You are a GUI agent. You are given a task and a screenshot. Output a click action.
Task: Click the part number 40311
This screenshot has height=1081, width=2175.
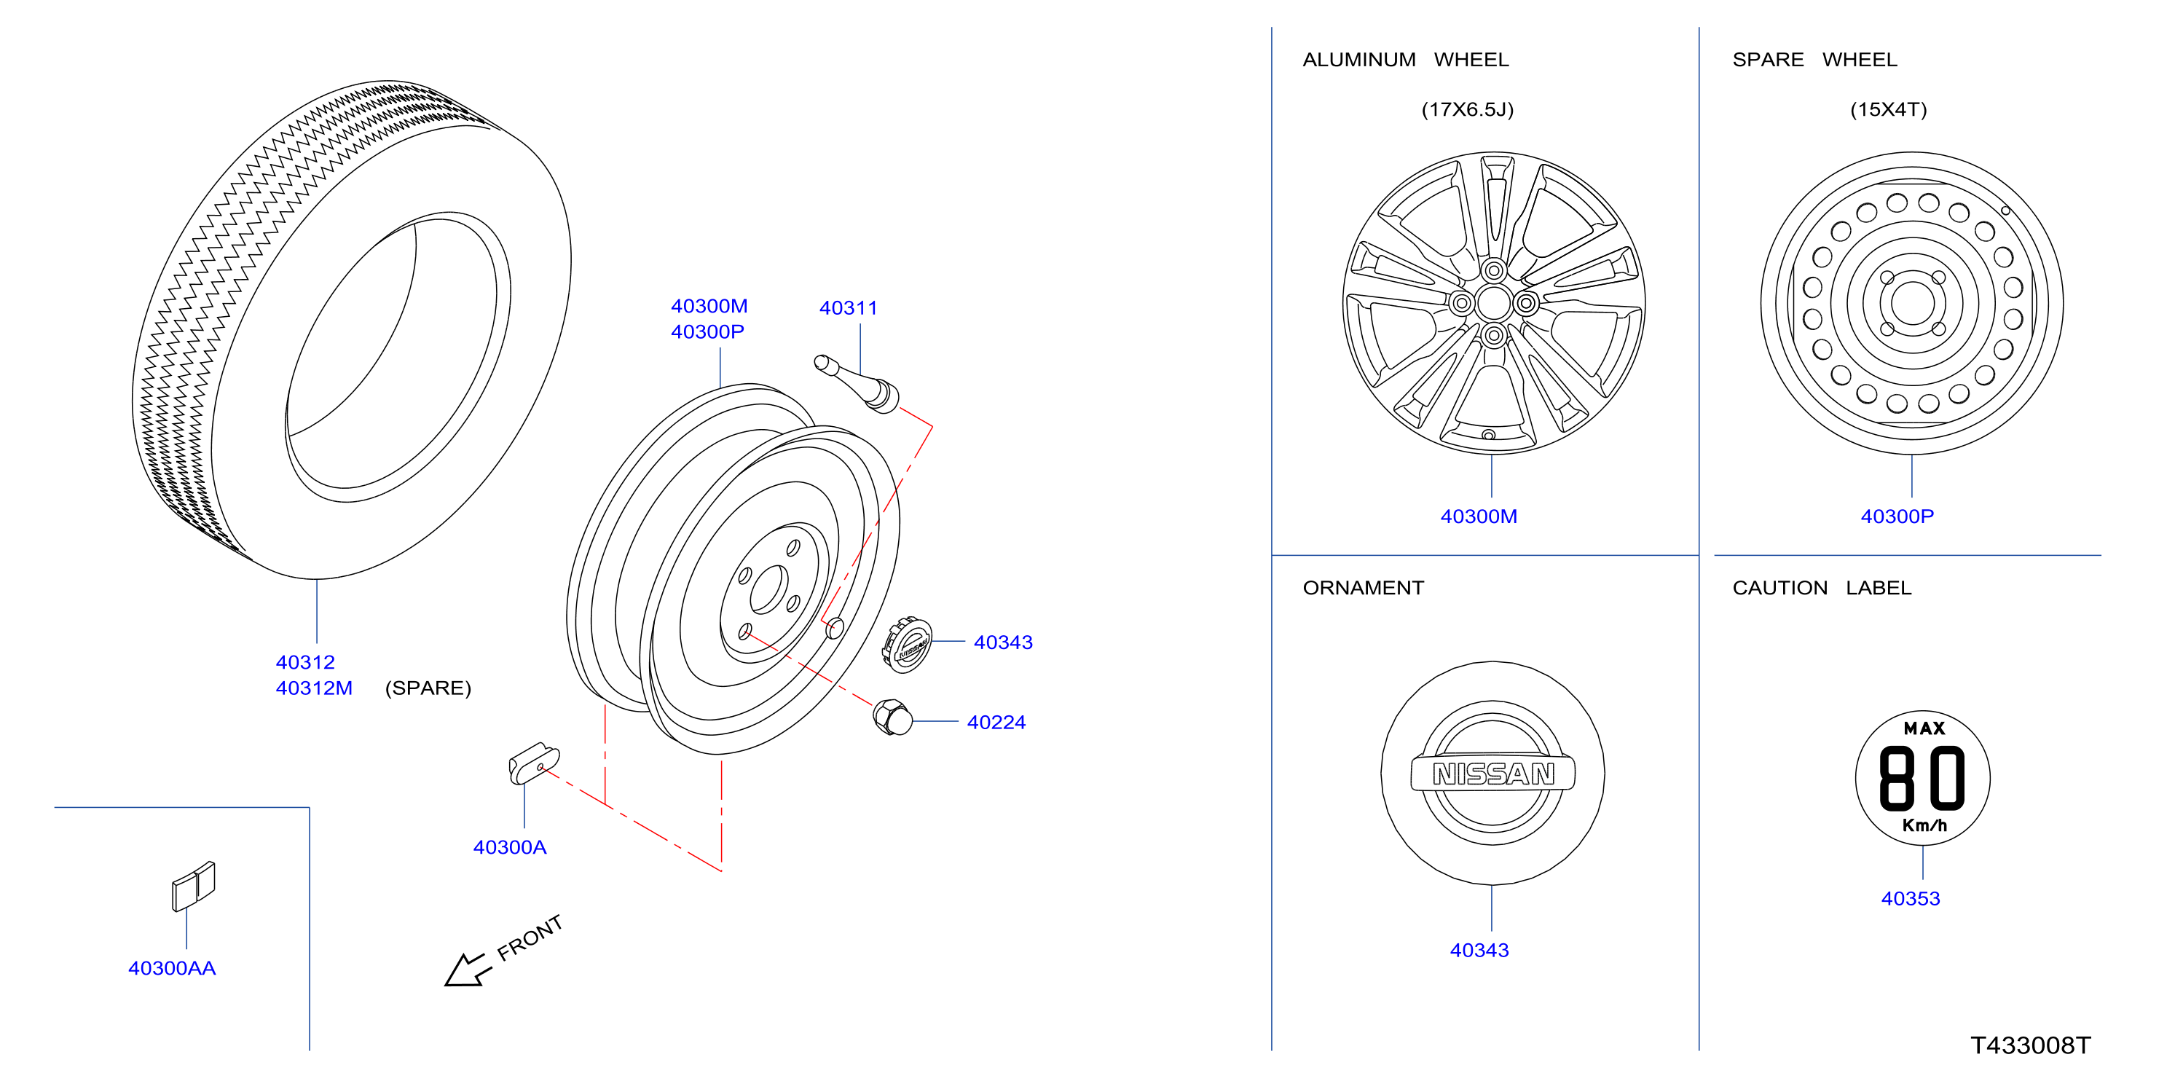(x=848, y=308)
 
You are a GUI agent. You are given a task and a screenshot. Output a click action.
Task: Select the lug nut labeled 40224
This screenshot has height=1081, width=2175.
(x=892, y=718)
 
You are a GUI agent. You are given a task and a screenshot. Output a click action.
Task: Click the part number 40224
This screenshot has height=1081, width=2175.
(x=996, y=723)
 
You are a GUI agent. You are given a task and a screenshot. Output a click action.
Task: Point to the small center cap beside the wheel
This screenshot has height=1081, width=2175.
(x=907, y=645)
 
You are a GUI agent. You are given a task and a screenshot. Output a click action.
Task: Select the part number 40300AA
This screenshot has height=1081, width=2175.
(x=172, y=969)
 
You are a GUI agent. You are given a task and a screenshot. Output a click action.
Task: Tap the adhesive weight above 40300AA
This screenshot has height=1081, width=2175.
(x=194, y=886)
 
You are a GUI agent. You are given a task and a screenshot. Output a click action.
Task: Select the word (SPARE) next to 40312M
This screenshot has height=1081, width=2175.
(x=428, y=688)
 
